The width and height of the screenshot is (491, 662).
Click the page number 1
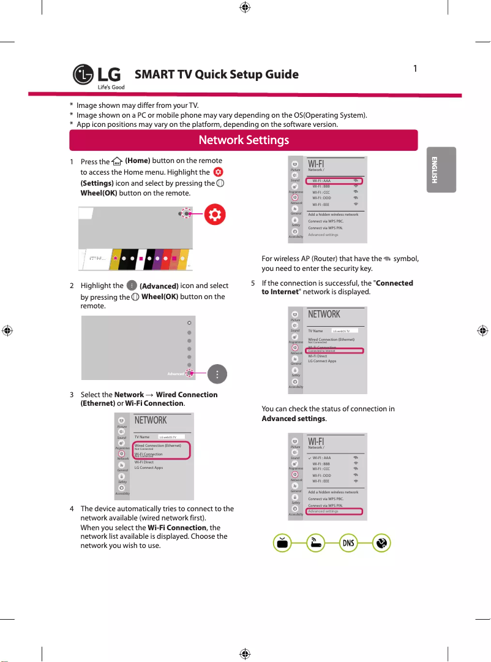[x=415, y=68]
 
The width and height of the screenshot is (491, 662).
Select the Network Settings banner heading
[x=244, y=140]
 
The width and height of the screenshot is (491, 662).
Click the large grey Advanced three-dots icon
[x=218, y=373]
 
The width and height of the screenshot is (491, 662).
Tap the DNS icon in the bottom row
[x=348, y=543]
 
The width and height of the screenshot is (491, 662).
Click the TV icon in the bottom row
[x=282, y=543]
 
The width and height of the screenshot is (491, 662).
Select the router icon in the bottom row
[x=315, y=543]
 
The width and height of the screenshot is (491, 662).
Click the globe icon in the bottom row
[x=381, y=543]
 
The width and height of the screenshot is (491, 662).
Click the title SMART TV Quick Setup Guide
[x=216, y=75]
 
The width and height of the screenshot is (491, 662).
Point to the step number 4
[x=72, y=509]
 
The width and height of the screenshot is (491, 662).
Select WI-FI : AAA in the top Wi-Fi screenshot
[x=321, y=181]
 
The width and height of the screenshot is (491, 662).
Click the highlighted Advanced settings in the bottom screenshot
[x=323, y=511]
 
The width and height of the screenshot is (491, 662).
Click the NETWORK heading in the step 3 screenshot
[x=151, y=420]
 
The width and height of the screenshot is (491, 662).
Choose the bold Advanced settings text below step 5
[x=293, y=419]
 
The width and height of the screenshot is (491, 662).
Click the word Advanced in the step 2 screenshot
[x=176, y=373]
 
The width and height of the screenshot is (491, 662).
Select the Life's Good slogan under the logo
[x=111, y=87]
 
